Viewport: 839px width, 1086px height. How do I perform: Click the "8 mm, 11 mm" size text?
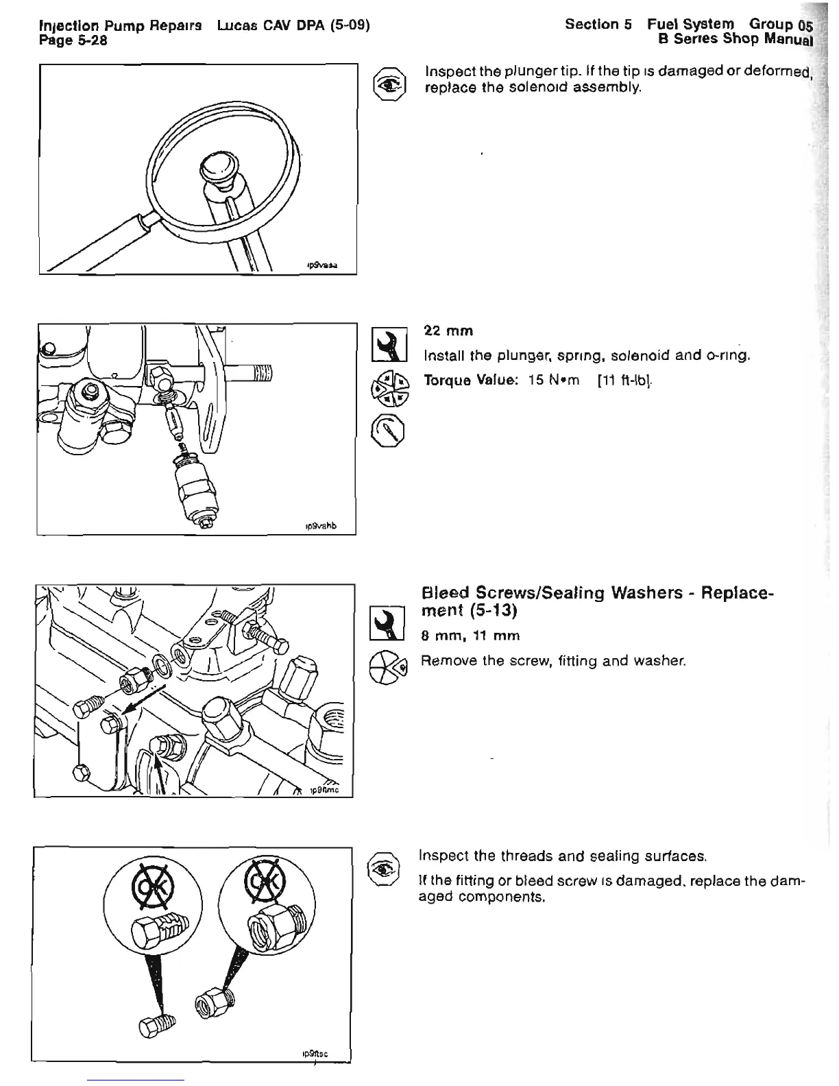tap(470, 636)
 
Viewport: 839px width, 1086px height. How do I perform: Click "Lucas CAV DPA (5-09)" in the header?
tap(293, 25)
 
